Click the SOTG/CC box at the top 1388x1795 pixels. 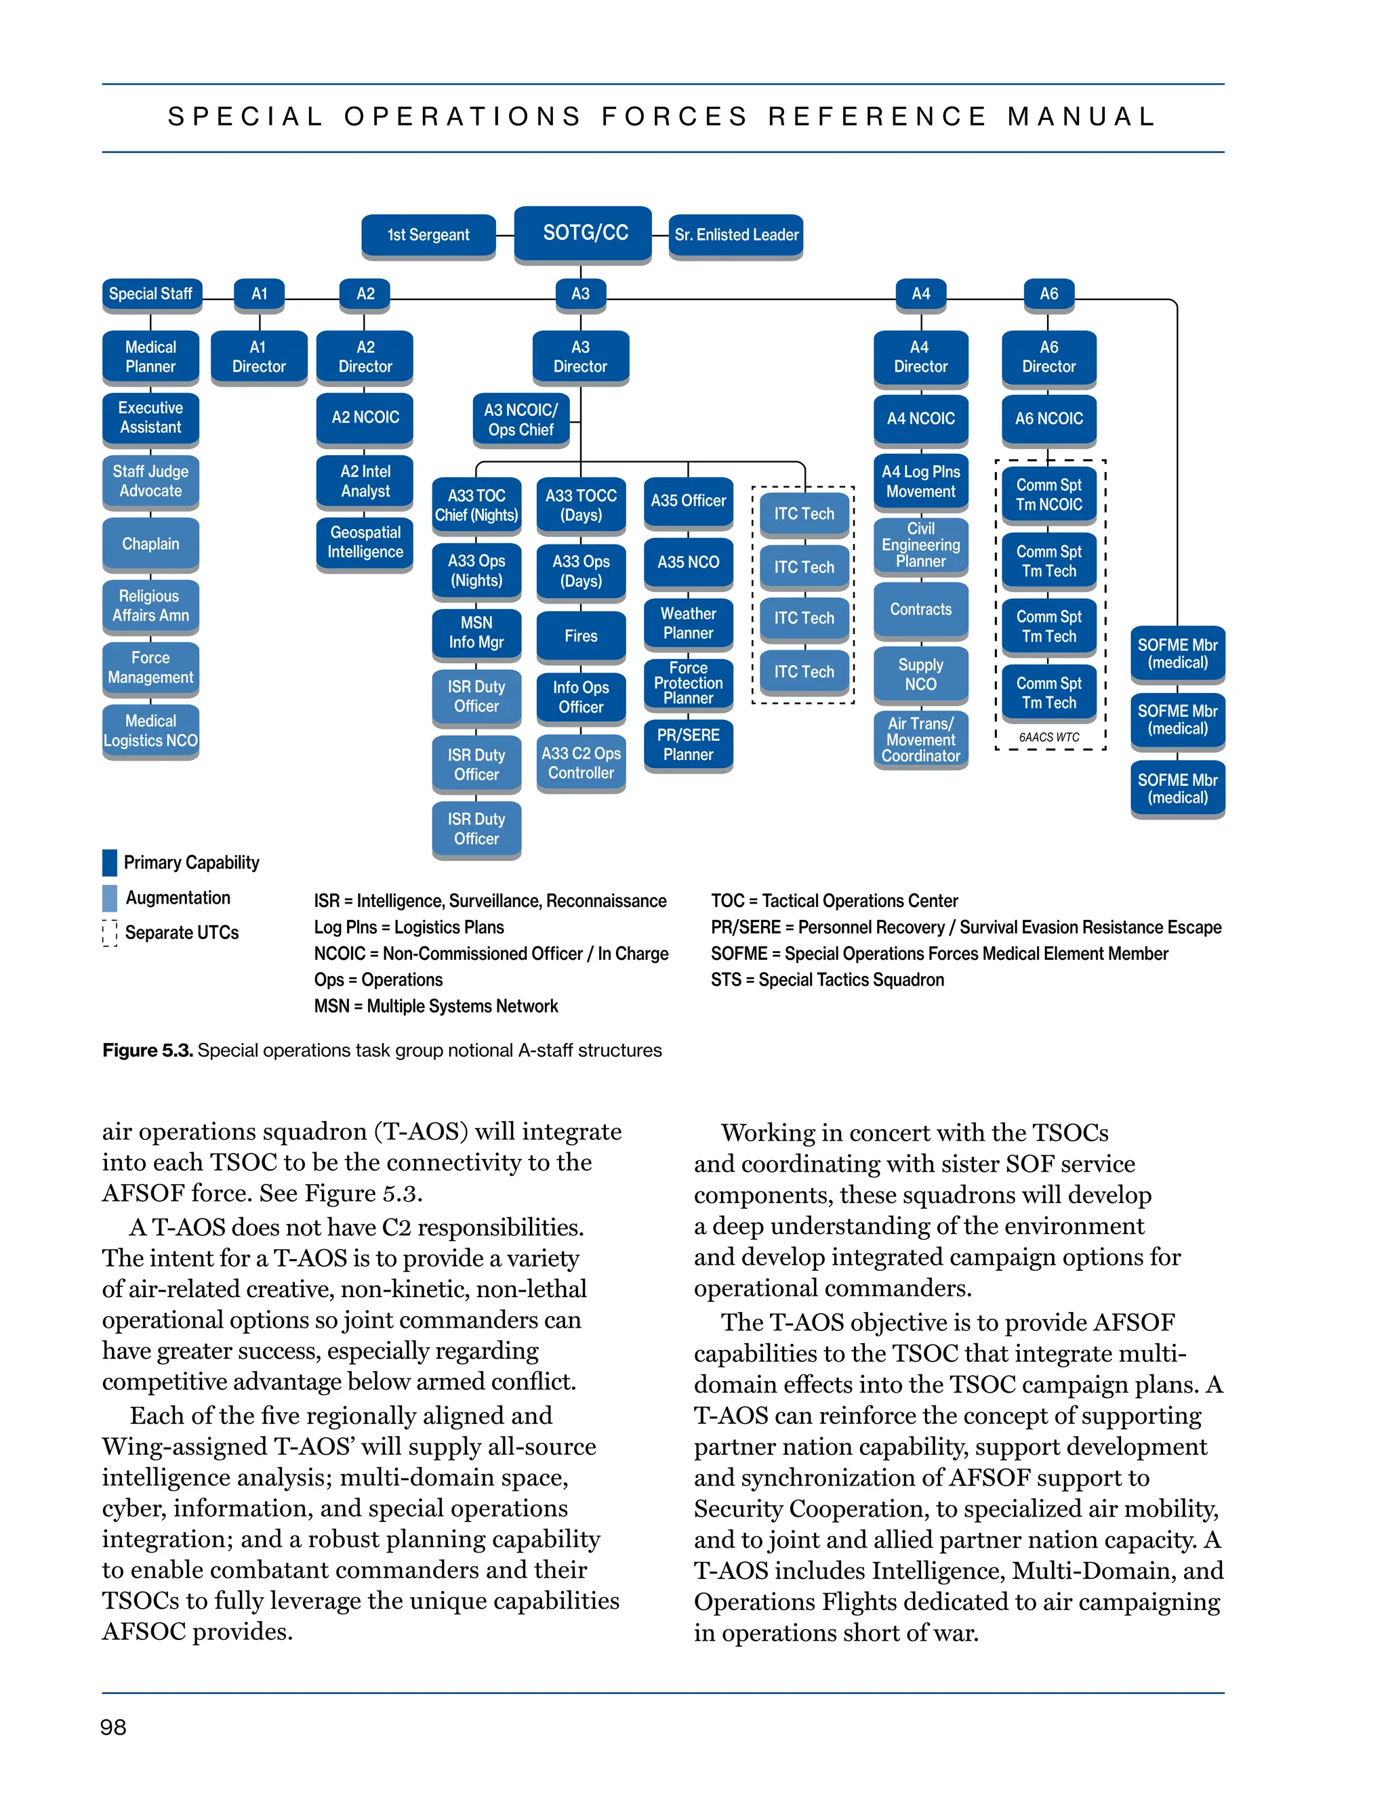[583, 234]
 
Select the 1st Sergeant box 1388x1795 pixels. [428, 235]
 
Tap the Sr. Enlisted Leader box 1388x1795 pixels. [736, 235]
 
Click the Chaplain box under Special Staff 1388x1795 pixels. [150, 544]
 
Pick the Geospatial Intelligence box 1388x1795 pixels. [365, 543]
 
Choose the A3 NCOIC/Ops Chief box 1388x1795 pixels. [520, 420]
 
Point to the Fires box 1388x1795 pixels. [581, 636]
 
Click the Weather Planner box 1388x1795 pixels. [689, 624]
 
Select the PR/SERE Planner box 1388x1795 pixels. [689, 744]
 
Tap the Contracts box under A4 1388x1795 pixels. [920, 610]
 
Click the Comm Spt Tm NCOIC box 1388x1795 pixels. [1048, 494]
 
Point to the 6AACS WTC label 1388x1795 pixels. [1048, 737]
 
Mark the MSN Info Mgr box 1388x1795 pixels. [476, 633]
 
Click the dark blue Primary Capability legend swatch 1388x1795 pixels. [109, 862]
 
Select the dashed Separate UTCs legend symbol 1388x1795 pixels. [109, 933]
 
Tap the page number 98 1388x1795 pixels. [113, 1727]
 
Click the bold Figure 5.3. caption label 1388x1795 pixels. [147, 1051]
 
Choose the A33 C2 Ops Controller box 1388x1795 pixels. [581, 763]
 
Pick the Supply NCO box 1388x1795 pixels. [920, 675]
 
